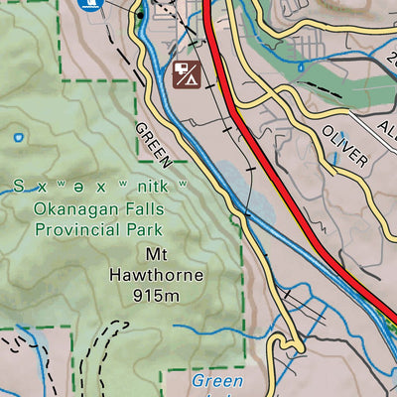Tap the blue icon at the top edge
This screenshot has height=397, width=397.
coord(89,4)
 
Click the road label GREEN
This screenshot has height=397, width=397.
coord(155,144)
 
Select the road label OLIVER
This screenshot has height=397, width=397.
coord(344,145)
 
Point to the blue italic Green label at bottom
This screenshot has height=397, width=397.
coord(215,380)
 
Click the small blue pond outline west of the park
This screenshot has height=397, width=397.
coord(17,137)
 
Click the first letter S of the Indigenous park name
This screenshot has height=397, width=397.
coord(19,187)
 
